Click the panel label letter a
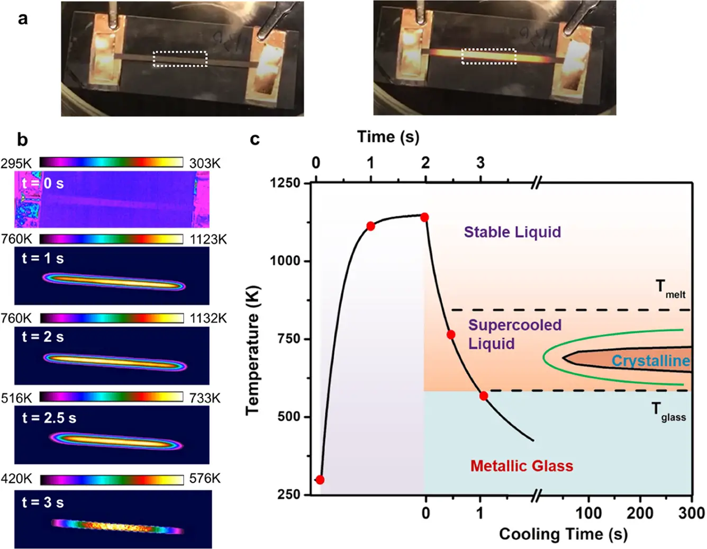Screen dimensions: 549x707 coord(22,19)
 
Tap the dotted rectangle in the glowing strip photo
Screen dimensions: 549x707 coord(488,56)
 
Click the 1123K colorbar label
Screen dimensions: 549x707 coord(208,239)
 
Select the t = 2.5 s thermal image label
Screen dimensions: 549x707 coord(49,418)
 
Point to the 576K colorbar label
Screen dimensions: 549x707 coord(205,479)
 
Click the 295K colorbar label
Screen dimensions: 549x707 coord(16,163)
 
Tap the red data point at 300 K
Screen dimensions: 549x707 coord(320,480)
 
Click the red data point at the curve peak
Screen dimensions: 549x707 coord(424,217)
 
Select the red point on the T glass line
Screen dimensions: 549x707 coord(483,396)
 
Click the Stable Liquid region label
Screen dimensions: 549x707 coord(512,232)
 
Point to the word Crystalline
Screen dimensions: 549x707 coord(650,361)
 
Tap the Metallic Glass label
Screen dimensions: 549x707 coord(521,466)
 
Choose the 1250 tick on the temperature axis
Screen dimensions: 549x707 coord(285,183)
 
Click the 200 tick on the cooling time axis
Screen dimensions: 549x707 coord(640,512)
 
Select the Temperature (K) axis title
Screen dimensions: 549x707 coord(252,350)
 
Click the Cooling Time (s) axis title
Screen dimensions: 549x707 coord(563,534)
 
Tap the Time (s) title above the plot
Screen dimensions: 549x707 coord(388,137)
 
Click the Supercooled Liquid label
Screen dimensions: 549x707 coord(514,334)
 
